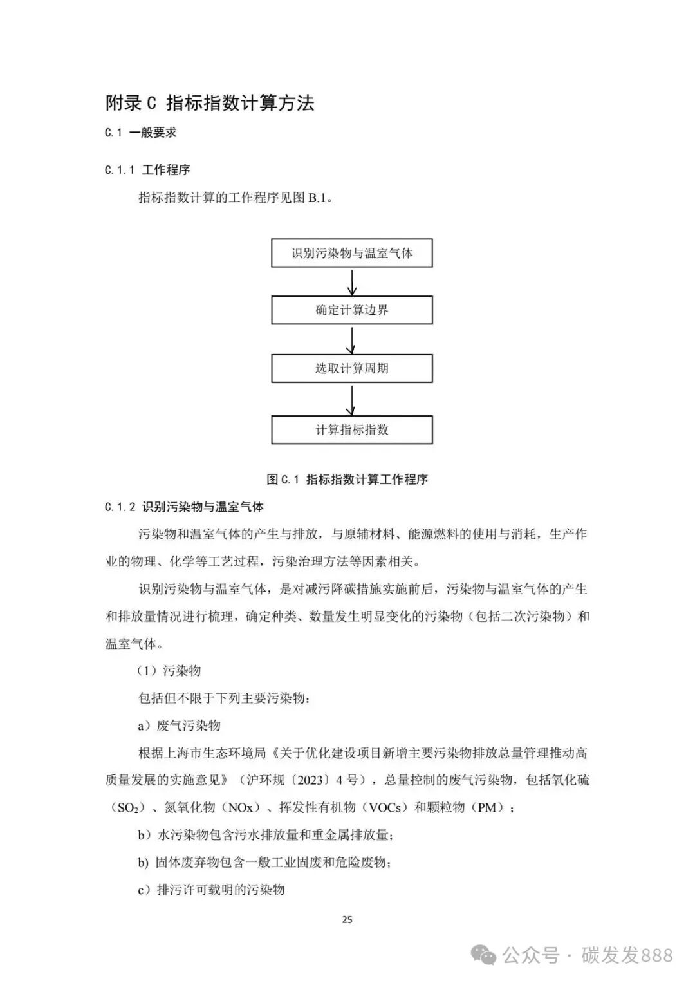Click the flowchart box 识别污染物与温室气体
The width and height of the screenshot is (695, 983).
[351, 253]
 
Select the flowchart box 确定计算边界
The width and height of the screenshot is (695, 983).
[351, 310]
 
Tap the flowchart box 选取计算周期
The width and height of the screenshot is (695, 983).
[351, 369]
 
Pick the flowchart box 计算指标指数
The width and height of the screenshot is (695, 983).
[351, 430]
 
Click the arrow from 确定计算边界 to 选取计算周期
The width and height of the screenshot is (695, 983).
[351, 340]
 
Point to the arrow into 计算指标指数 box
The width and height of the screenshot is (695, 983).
[351, 400]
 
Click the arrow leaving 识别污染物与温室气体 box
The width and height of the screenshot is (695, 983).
[351, 282]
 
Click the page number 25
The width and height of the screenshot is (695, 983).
[347, 919]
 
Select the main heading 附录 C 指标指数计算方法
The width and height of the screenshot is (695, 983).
[210, 103]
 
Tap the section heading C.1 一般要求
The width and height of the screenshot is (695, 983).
[140, 133]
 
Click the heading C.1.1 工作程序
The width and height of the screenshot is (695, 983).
[147, 170]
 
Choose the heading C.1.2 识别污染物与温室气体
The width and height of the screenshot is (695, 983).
[184, 507]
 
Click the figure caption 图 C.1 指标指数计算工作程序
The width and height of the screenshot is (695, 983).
[347, 480]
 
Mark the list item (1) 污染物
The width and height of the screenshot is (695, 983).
[169, 671]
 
